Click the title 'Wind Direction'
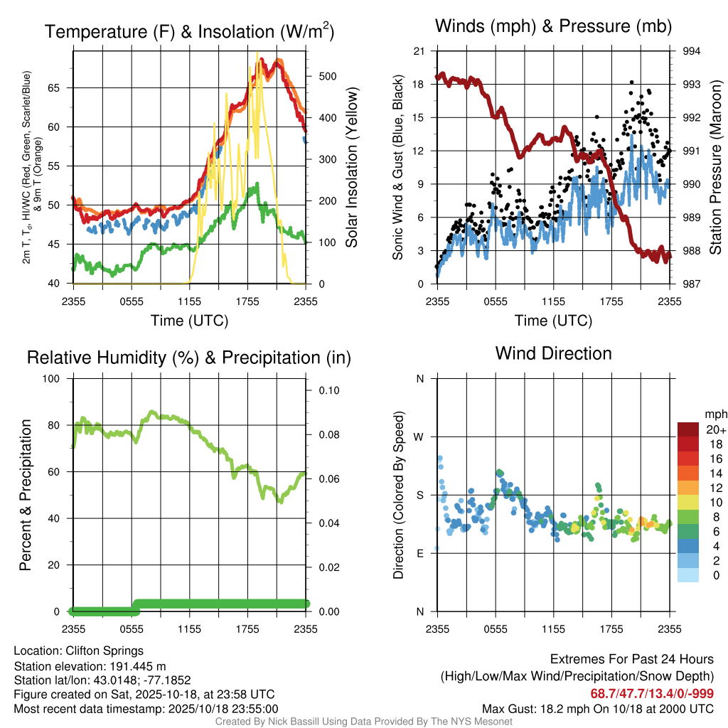click(x=553, y=353)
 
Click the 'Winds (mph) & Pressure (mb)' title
click(x=553, y=27)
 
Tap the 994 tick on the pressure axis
click(x=692, y=51)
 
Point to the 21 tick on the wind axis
click(x=419, y=51)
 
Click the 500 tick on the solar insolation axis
click(x=321, y=76)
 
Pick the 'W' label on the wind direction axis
click(x=419, y=437)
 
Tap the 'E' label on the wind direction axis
click(x=420, y=553)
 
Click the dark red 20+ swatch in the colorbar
click(x=688, y=429)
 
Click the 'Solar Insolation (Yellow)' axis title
click(x=352, y=168)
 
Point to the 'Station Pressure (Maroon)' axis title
click(x=716, y=168)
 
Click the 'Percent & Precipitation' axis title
click(x=25, y=494)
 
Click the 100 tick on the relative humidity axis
click(x=54, y=378)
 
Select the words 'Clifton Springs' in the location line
click(x=105, y=651)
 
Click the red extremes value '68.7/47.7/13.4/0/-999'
click(x=652, y=693)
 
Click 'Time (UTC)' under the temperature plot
click(x=189, y=321)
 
